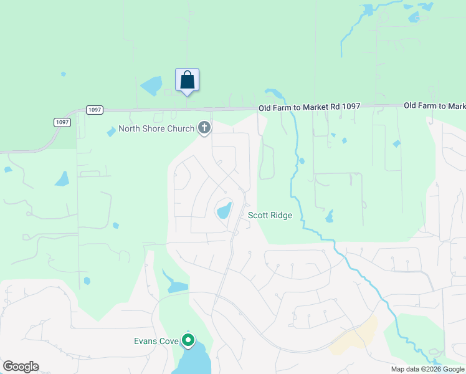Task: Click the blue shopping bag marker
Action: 187,80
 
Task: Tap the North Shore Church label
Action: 156,129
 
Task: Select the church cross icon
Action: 204,128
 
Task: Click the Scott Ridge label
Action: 270,216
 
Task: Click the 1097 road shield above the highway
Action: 94,110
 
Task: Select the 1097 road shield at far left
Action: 61,122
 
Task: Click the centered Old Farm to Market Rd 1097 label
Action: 310,107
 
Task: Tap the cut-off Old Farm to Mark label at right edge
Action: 434,106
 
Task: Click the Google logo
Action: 21,367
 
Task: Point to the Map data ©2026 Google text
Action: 427,369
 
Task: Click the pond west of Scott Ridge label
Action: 224,210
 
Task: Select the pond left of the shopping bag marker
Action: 151,86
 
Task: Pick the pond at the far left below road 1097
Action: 62,179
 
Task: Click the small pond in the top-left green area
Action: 63,74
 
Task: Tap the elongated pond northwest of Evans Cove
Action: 174,284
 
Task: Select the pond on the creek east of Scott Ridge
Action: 329,217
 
